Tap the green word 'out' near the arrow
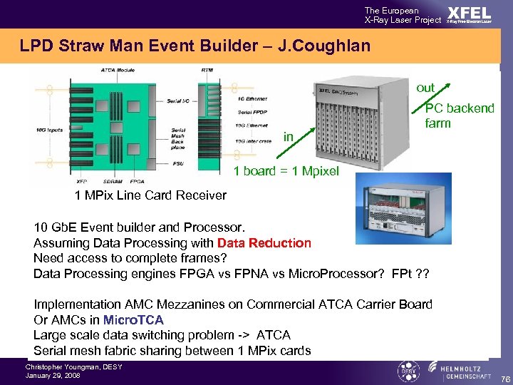(x=425, y=88)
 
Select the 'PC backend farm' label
(x=459, y=115)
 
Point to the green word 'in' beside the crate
(x=288, y=136)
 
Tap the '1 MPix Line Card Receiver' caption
(x=150, y=195)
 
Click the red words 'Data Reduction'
(x=264, y=243)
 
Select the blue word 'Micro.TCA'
(x=133, y=320)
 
